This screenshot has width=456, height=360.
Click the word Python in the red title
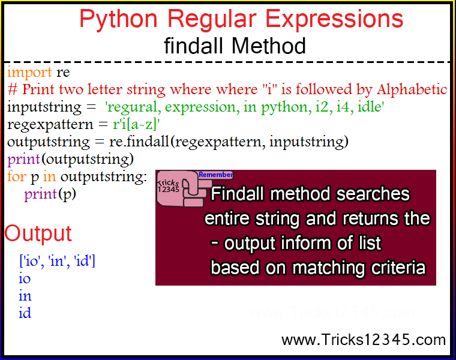[x=118, y=19]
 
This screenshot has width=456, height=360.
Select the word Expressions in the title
[x=334, y=19]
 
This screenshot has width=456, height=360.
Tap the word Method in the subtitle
[x=269, y=46]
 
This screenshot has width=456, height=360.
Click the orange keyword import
[x=29, y=72]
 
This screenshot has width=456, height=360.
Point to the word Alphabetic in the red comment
[x=412, y=89]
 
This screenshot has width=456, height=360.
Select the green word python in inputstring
[x=284, y=107]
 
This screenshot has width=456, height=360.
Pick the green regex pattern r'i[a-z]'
[x=136, y=124]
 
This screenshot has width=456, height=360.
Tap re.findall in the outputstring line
[x=139, y=142]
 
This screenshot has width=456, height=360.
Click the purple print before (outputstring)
[x=23, y=160]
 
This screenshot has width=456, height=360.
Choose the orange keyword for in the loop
[x=17, y=176]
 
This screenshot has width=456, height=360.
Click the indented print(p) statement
[x=50, y=194]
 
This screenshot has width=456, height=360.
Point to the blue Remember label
[x=216, y=175]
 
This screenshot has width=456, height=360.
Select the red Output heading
[x=38, y=234]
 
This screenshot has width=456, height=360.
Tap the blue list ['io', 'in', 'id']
[x=57, y=260]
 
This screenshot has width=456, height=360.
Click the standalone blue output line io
[x=25, y=278]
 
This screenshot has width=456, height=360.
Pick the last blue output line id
[x=25, y=313]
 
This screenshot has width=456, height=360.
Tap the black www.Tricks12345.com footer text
[x=364, y=340]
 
